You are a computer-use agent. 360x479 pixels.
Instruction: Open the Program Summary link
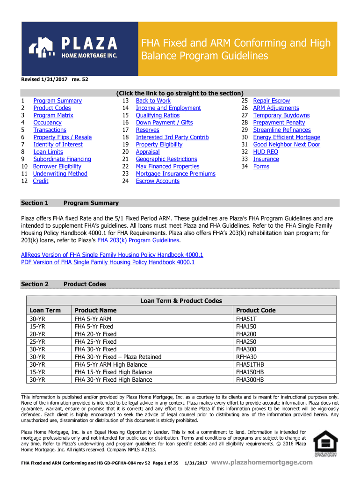[x=58, y=101]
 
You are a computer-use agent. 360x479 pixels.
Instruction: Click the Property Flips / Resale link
[x=62, y=137]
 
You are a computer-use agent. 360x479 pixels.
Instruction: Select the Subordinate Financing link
[x=62, y=159]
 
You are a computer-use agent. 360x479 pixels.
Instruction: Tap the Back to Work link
[x=153, y=101]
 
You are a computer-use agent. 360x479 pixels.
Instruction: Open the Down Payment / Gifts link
[x=164, y=123]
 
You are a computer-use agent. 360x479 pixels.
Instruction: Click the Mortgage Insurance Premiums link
[x=175, y=174]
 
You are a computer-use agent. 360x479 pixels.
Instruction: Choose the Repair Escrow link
[x=271, y=101]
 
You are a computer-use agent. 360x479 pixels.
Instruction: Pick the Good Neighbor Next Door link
[x=287, y=145]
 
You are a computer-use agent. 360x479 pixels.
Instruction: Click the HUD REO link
[x=265, y=152]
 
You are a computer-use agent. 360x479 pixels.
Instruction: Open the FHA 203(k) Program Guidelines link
[x=138, y=240]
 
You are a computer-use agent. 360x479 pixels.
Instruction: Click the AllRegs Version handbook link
[x=112, y=255]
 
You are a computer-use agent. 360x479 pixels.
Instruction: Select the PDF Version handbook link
[x=108, y=262]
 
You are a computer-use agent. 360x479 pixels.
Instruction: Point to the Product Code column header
[x=256, y=310]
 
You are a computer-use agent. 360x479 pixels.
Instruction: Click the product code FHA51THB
[x=250, y=364]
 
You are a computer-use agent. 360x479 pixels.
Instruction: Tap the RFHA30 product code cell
[x=246, y=357]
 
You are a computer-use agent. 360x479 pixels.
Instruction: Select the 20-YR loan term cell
[x=37, y=334]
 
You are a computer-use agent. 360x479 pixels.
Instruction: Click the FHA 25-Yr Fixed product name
[x=95, y=342]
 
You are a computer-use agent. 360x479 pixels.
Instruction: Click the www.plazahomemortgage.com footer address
[x=262, y=463]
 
